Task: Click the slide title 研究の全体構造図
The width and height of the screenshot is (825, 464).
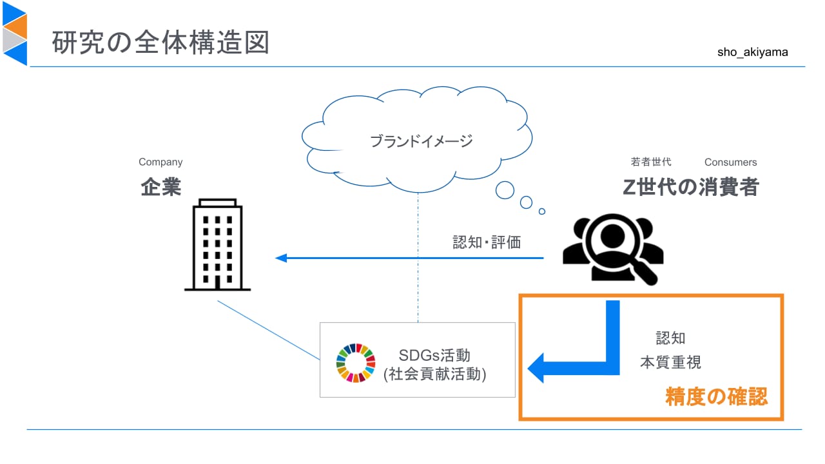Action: click(160, 43)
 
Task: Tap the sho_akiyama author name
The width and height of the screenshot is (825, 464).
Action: click(752, 52)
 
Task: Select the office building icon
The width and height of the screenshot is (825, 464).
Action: click(217, 245)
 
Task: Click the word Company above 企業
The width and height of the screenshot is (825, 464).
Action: click(160, 162)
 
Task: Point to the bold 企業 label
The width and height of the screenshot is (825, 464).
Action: click(161, 187)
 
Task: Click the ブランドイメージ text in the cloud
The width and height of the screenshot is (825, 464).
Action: click(421, 141)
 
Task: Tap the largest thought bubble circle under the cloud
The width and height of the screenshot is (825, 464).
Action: click(505, 190)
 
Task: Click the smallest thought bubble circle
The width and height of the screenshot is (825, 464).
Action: click(542, 211)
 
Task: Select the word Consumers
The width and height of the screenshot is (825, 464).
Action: click(730, 162)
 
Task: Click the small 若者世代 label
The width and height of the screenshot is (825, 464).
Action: click(651, 162)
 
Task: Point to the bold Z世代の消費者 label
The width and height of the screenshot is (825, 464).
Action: click(690, 187)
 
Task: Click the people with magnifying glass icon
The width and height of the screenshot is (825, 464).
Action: click(613, 249)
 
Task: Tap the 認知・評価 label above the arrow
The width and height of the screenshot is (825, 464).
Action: click(487, 242)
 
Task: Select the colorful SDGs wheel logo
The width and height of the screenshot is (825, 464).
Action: click(356, 363)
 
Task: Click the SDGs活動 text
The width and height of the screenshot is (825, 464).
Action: click(434, 355)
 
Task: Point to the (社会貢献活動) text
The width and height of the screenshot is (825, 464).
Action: click(434, 374)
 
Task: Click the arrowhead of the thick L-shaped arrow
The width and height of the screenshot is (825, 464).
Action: click(536, 368)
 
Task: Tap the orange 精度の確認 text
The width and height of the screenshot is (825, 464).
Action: click(716, 396)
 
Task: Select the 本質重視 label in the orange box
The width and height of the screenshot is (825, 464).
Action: click(670, 362)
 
